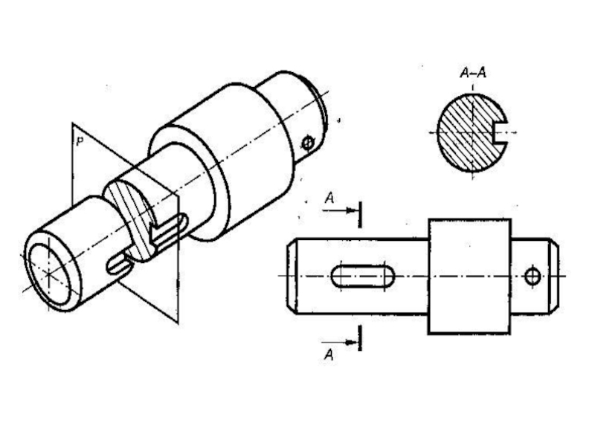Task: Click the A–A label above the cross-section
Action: (473, 74)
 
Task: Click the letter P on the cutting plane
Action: (77, 138)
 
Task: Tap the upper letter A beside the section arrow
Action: (329, 198)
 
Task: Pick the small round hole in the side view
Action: (532, 277)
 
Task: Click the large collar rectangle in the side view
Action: (469, 276)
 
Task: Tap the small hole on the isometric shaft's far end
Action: (308, 143)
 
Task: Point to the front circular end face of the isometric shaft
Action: (49, 272)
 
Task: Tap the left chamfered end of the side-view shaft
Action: (292, 276)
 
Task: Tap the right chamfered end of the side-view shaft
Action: (554, 276)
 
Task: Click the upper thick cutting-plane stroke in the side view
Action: (359, 213)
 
